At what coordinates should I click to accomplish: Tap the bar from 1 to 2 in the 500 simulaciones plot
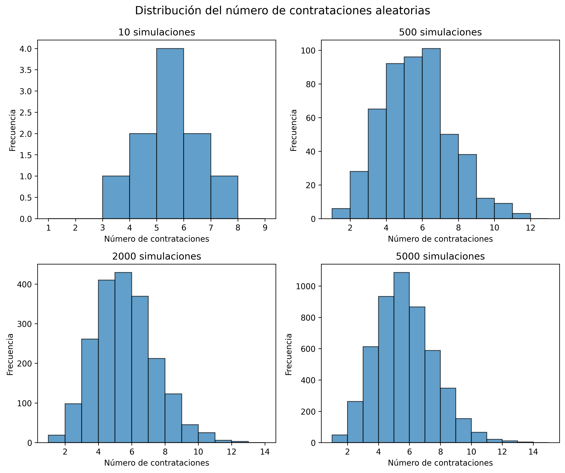(341, 214)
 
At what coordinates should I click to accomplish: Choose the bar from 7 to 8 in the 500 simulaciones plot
(449, 177)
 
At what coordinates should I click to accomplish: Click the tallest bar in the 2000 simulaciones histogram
(123, 358)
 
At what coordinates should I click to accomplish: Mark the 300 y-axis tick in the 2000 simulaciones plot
(24, 324)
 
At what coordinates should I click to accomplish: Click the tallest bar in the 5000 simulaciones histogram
(401, 358)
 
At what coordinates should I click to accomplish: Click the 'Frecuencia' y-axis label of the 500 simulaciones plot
(294, 130)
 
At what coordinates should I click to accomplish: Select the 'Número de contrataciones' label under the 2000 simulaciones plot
(157, 463)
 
